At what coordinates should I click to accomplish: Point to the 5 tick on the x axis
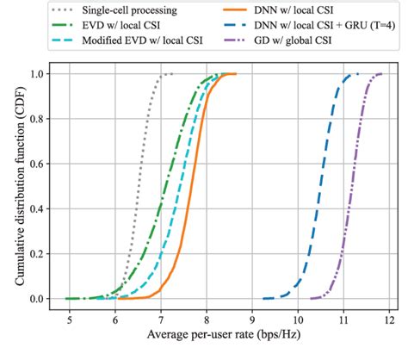pyautogui.click(x=70, y=317)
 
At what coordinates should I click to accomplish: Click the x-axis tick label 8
pyautogui.click(x=207, y=317)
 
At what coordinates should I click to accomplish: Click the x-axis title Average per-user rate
pyautogui.click(x=229, y=335)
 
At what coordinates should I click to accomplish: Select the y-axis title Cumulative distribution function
pyautogui.click(x=12, y=186)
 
